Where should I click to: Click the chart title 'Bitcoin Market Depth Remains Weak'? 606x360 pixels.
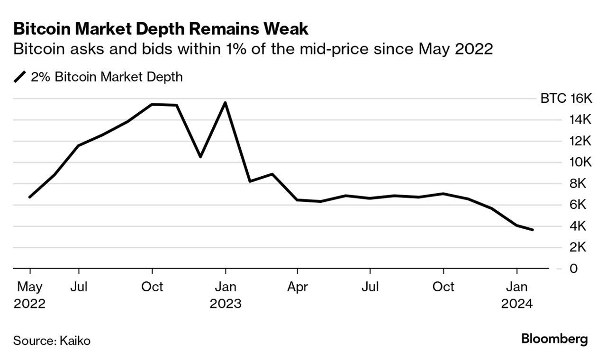(x=161, y=29)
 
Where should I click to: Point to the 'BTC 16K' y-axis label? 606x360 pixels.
(x=566, y=99)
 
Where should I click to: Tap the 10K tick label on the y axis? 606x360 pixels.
(x=580, y=162)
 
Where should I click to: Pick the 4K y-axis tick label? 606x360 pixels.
(x=580, y=226)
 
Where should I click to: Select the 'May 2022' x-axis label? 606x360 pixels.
(x=29, y=295)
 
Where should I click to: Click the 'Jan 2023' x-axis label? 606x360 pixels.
(x=225, y=295)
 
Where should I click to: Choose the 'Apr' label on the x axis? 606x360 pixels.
(x=298, y=287)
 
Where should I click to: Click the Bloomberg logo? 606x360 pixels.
(x=554, y=339)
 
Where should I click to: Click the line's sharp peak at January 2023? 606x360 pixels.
(x=225, y=102)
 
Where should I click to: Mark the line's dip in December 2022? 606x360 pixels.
(x=200, y=156)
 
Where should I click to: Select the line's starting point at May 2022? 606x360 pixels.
(x=30, y=197)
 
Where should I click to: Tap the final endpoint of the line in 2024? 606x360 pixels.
(x=533, y=230)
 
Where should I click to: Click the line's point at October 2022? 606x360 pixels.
(x=152, y=104)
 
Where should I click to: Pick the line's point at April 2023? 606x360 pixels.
(x=298, y=200)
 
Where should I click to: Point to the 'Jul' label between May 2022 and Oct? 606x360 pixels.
(x=79, y=287)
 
